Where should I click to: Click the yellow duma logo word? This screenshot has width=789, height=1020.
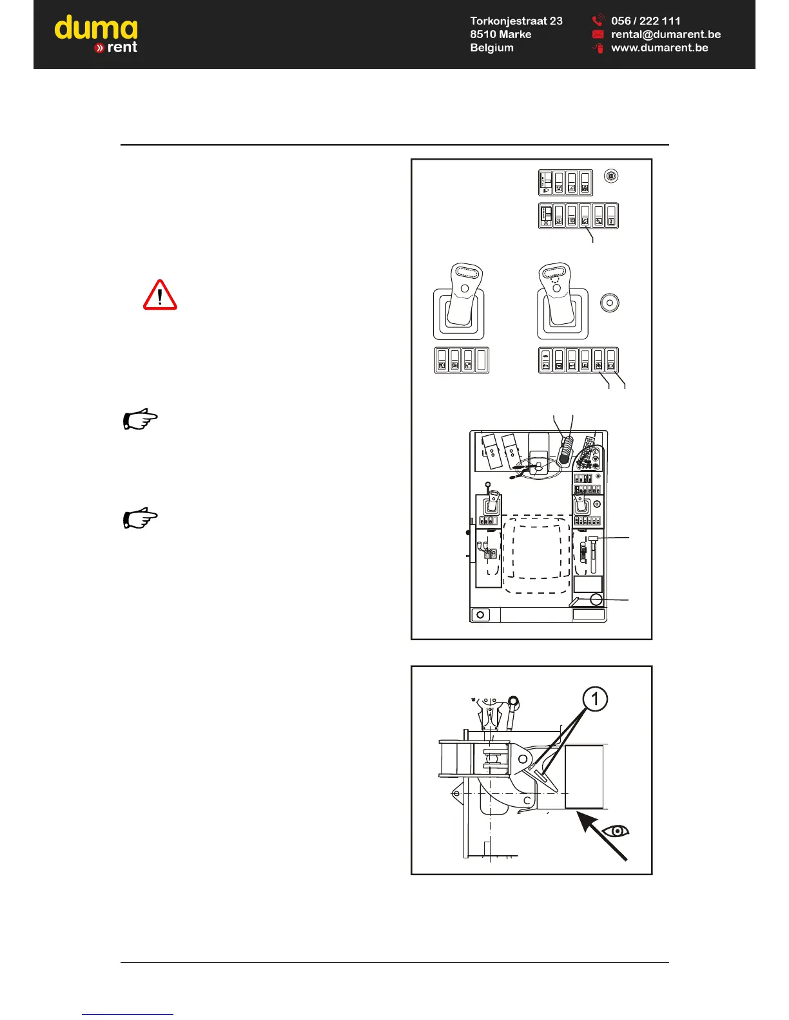pyautogui.click(x=95, y=29)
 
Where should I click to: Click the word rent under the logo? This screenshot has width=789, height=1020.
pyautogui.click(x=122, y=47)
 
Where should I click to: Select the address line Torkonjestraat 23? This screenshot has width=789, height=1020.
pyautogui.click(x=516, y=21)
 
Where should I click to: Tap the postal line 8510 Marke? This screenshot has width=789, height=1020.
pyautogui.click(x=501, y=34)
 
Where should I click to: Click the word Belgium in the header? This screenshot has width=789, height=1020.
pyautogui.click(x=492, y=48)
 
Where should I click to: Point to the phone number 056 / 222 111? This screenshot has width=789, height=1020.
pyautogui.click(x=646, y=21)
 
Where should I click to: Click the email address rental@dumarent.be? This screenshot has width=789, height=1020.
pyautogui.click(x=666, y=34)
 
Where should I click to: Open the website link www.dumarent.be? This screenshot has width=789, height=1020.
pyautogui.click(x=659, y=48)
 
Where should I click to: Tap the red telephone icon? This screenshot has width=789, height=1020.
pyautogui.click(x=598, y=21)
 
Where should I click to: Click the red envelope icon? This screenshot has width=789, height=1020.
pyautogui.click(x=598, y=34)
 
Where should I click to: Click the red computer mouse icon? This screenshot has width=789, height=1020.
pyautogui.click(x=598, y=48)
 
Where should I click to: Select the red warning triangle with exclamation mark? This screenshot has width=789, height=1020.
pyautogui.click(x=160, y=296)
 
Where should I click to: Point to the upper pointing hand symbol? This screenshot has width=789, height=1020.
pyautogui.click(x=140, y=419)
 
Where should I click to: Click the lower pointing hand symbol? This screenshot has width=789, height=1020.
pyautogui.click(x=140, y=518)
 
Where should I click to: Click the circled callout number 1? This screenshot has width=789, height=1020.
pyautogui.click(x=595, y=699)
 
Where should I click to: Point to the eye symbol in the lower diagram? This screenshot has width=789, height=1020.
pyautogui.click(x=617, y=831)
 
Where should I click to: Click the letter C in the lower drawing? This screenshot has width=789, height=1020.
pyautogui.click(x=527, y=801)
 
